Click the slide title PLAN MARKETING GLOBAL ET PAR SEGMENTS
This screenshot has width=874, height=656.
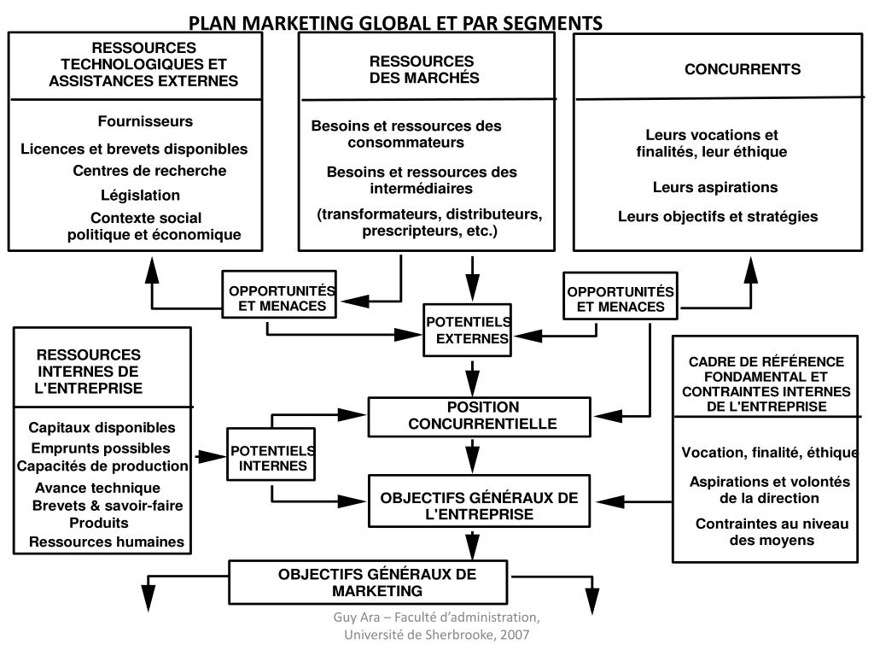395,22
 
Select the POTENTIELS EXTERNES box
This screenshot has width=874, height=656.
469,331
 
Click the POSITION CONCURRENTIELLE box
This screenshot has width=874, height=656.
479,415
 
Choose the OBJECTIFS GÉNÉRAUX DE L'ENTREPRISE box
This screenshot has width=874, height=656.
479,506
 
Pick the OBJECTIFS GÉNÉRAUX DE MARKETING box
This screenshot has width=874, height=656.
376,582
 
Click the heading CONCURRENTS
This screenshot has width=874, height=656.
743,70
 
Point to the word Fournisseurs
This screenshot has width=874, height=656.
145,121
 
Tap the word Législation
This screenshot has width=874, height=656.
141,195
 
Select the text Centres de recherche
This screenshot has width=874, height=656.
149,171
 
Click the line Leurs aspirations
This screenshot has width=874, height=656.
715,187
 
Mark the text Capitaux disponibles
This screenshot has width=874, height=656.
102,427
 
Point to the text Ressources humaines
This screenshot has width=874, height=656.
107,542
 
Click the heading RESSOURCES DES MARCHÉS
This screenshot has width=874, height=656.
424,70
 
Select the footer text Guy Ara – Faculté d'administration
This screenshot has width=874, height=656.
436,617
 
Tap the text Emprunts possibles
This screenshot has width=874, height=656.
101,448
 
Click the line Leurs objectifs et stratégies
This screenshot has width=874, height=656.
718,217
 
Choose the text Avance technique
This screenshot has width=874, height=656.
97,488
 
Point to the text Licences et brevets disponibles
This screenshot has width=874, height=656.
135,149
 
